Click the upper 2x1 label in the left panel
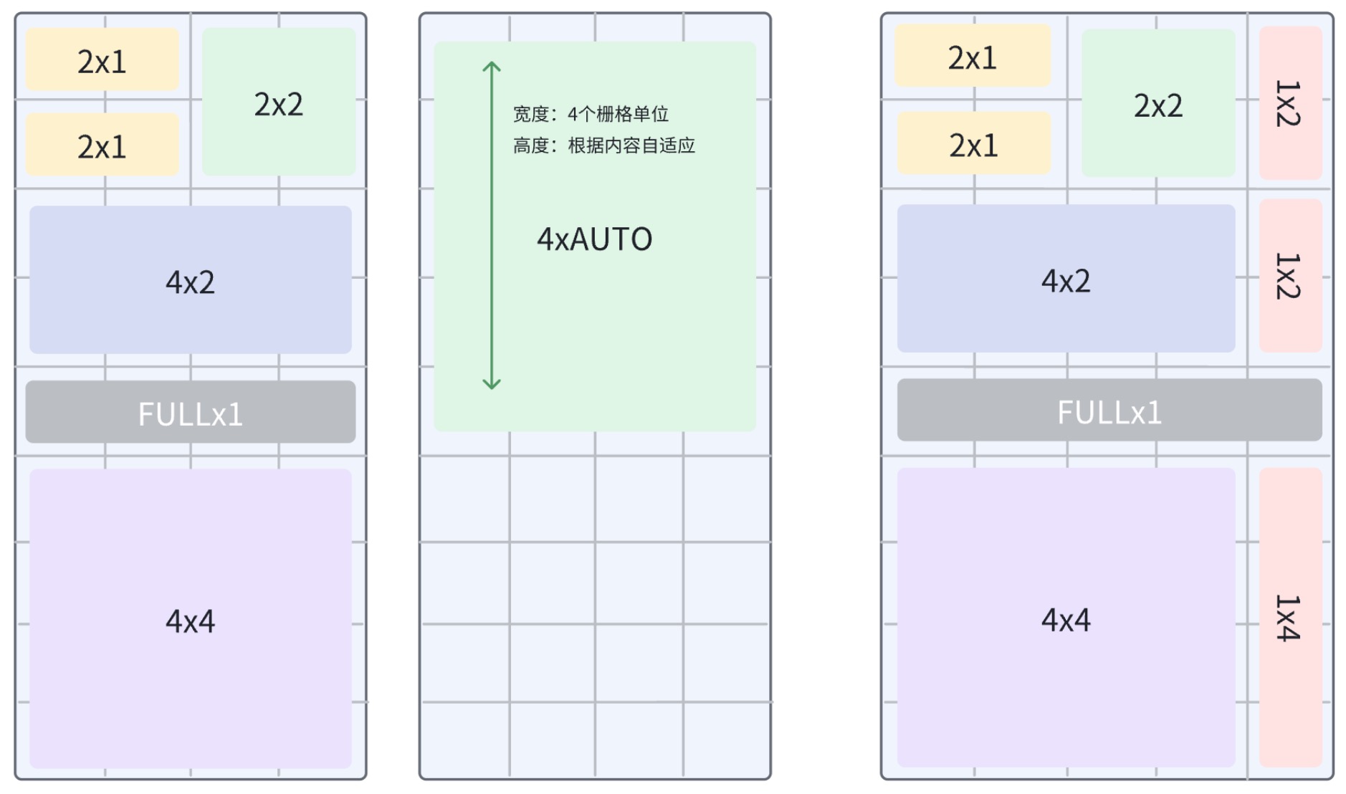tap(102, 62)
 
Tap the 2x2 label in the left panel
tap(278, 105)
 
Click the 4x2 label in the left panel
tap(190, 282)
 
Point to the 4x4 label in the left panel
tap(190, 621)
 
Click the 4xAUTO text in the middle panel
tap(594, 239)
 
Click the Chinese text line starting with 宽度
tap(591, 114)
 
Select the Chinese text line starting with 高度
tap(603, 145)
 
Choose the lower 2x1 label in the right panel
tap(973, 145)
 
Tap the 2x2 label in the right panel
tap(1158, 105)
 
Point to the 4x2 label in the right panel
tap(1066, 281)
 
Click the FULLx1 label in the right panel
tap(1109, 412)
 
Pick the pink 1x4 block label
tap(1288, 618)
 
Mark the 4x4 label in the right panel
tap(1066, 620)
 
